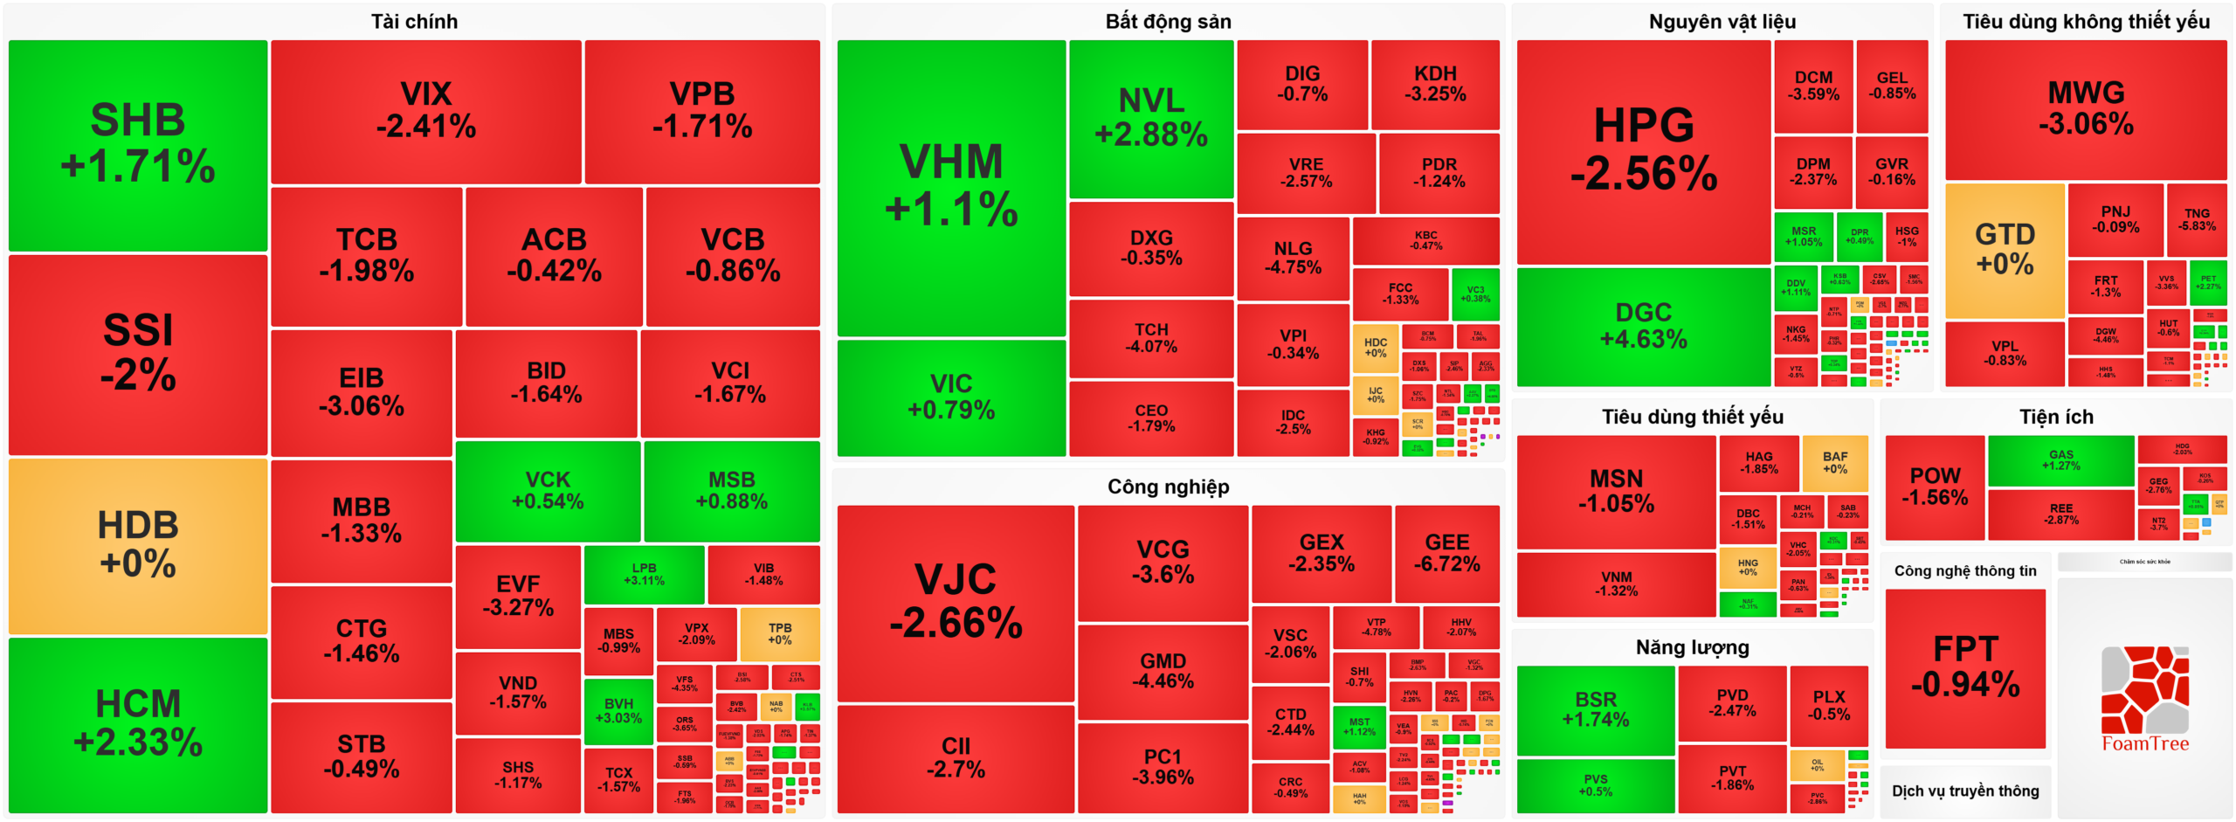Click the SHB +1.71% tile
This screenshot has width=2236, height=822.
click(137, 144)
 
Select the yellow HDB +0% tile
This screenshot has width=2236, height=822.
click(137, 545)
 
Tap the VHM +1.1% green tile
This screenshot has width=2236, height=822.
click(950, 186)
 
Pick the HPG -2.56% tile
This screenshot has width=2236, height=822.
click(1643, 150)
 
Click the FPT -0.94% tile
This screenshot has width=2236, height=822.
click(1964, 667)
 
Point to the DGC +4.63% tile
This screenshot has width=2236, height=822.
click(1643, 326)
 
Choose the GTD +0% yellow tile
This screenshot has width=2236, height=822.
click(2004, 250)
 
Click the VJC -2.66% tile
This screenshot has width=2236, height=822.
click(955, 602)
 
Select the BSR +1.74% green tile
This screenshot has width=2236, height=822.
click(1595, 709)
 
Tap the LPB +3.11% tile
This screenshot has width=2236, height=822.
click(644, 574)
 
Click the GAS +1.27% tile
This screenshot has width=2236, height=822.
click(2060, 459)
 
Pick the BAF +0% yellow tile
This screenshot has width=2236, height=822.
click(1834, 462)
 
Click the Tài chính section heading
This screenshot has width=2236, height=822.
click(414, 21)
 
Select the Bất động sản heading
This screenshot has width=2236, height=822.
click(1168, 21)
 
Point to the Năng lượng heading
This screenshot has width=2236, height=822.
click(1692, 647)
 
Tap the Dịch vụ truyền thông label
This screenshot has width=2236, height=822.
click(1964, 791)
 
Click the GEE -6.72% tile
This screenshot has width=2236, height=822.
click(1446, 553)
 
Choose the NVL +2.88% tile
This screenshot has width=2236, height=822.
click(1150, 118)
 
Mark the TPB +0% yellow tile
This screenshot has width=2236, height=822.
click(779, 633)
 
